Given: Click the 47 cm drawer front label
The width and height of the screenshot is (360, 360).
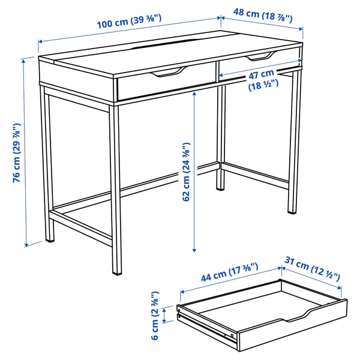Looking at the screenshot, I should (x=262, y=80).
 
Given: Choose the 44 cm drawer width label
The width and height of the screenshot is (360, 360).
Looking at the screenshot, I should (x=228, y=272).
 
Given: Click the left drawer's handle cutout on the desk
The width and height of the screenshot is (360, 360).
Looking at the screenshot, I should (x=166, y=74).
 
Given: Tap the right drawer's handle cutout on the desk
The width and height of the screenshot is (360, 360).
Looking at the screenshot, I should (x=259, y=57).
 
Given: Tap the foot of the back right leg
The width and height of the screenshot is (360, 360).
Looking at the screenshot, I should (x=292, y=211).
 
